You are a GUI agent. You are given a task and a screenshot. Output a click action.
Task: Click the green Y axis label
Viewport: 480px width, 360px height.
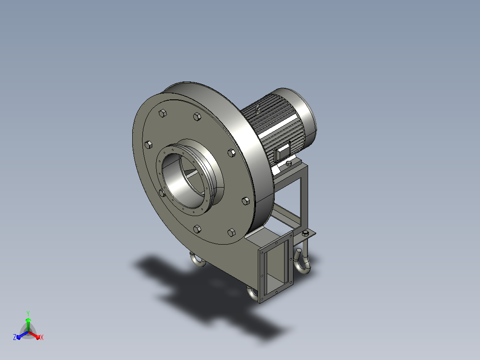coord(28,313)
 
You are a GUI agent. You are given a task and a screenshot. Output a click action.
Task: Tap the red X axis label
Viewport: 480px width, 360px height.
coord(42,337)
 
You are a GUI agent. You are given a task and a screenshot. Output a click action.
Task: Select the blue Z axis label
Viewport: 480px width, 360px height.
coord(14,337)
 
